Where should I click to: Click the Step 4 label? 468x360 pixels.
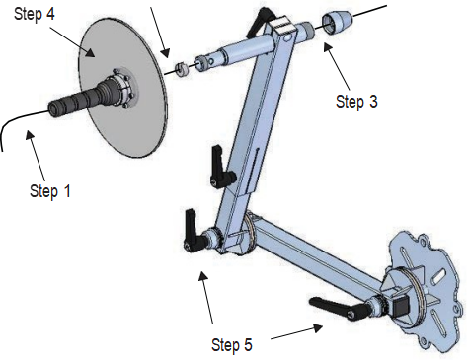35,14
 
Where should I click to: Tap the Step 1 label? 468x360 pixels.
50,191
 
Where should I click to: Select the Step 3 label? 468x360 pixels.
356,102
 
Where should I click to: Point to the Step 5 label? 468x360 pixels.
232,345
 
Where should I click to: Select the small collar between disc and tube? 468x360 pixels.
181,69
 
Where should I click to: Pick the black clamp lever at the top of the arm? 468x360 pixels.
258,22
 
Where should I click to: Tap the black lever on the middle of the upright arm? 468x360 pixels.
221,168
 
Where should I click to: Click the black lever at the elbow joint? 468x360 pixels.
195,232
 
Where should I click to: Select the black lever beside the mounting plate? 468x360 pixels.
339,308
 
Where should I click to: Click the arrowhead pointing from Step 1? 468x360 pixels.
31,135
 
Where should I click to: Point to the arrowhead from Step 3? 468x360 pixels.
327,47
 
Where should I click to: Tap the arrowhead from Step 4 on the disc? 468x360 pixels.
91,52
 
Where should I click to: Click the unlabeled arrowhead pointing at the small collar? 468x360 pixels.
166,53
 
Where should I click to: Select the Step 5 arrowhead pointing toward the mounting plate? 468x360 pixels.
318,327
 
